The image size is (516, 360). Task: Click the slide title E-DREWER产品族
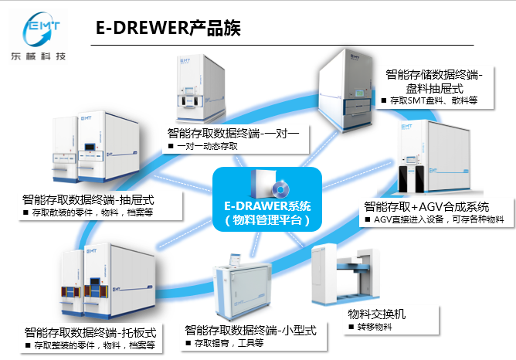pyautogui.click(x=167, y=29)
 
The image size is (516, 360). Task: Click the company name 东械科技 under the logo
pyautogui.click(x=45, y=58)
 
